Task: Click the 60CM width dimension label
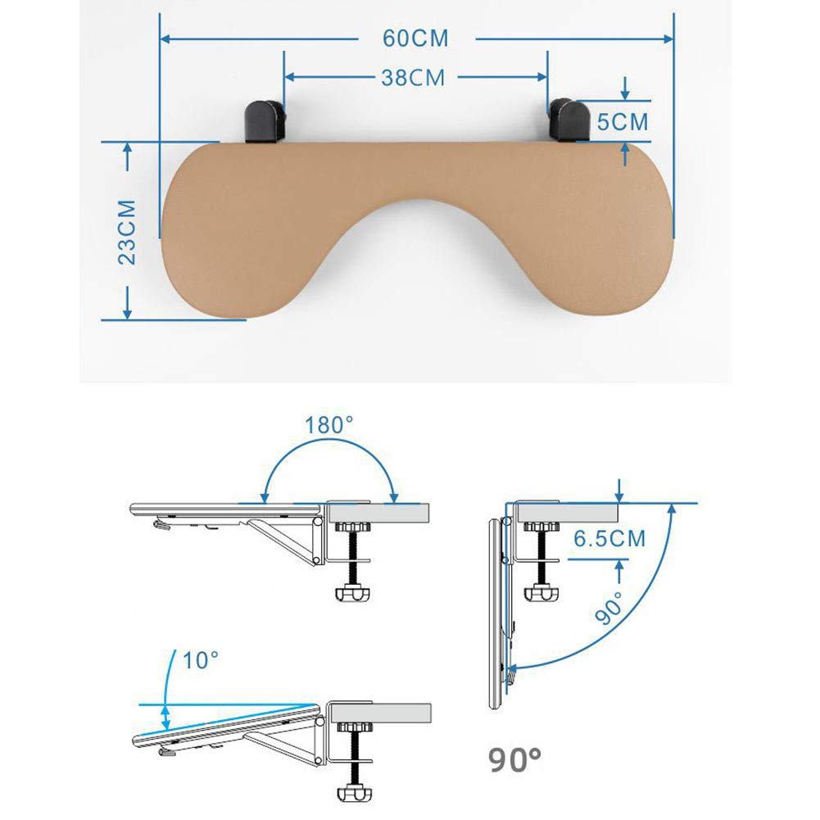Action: [x=415, y=39]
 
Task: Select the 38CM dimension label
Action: [x=413, y=78]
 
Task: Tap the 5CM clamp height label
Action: [x=623, y=122]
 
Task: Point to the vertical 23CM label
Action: [x=127, y=232]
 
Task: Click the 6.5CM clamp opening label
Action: [x=609, y=539]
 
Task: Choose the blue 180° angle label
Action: [x=329, y=425]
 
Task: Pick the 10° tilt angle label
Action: [x=201, y=660]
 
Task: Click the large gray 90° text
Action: [x=515, y=760]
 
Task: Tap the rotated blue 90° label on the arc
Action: [x=609, y=608]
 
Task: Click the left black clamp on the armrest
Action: [x=265, y=120]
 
